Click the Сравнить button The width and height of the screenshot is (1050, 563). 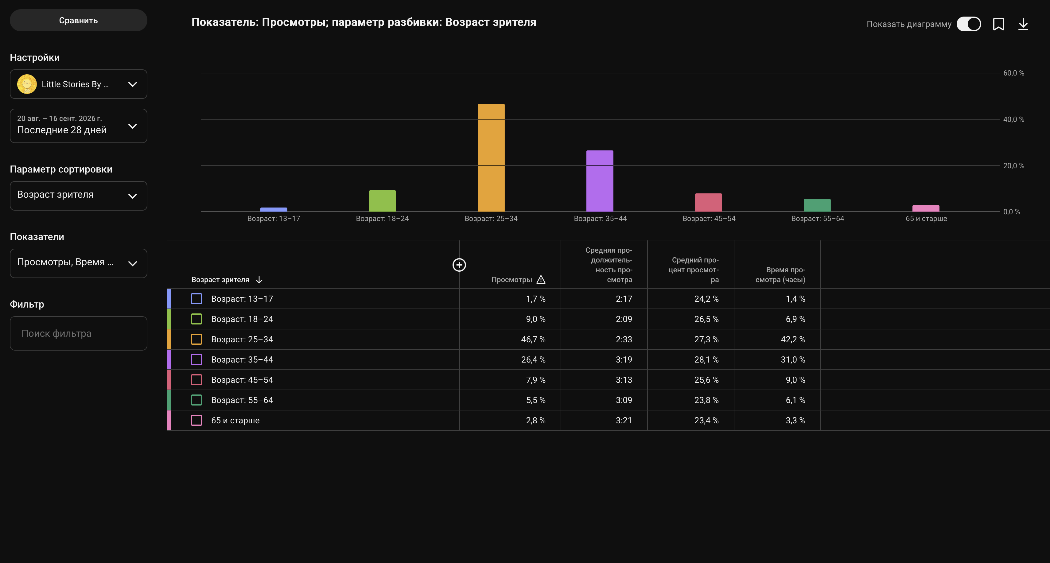[78, 20]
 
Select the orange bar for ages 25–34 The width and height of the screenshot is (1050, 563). [491, 158]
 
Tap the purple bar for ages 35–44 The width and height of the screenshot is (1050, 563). [600, 181]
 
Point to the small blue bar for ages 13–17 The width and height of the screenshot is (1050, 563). [274, 210]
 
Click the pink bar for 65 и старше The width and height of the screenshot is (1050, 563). [926, 208]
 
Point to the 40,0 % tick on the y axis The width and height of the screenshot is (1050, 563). [1013, 119]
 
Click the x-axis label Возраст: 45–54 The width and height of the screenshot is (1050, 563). [709, 219]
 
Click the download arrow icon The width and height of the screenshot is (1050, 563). [1023, 24]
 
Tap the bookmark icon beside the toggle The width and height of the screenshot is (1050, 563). [998, 24]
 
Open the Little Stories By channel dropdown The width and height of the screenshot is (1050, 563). [78, 84]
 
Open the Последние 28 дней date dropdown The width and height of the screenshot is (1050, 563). [78, 126]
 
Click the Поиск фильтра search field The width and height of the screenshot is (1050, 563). [78, 333]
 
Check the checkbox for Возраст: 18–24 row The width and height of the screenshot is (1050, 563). [196, 319]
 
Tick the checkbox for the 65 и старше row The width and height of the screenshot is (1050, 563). [196, 420]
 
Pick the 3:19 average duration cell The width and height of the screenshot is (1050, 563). [624, 359]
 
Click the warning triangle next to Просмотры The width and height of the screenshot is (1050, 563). [541, 280]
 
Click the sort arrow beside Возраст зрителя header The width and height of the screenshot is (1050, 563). [259, 280]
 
